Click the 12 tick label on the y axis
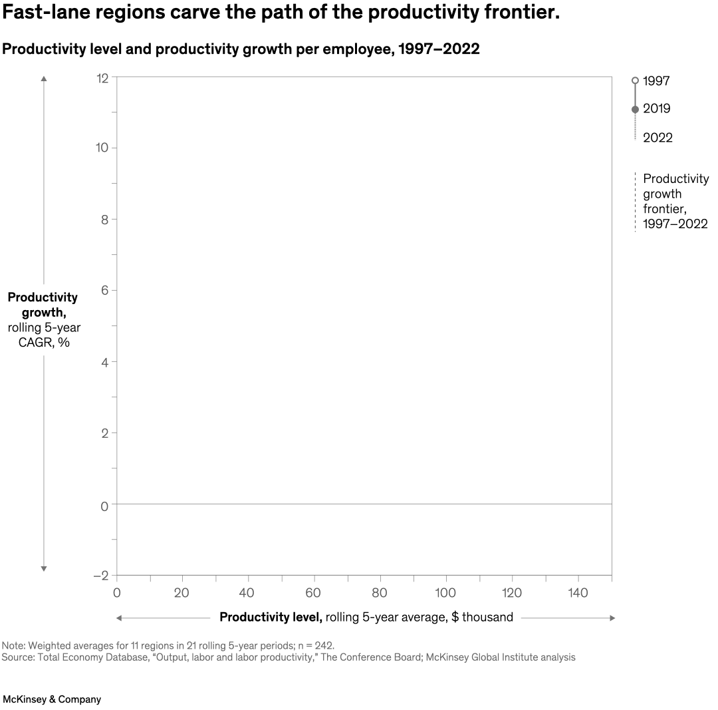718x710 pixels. (102, 78)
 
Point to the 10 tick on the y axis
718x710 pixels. (102, 147)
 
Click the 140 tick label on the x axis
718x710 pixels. (578, 593)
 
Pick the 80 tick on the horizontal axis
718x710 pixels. (380, 593)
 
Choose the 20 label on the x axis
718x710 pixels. (181, 593)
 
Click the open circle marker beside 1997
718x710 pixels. (635, 81)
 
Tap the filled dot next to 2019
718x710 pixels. (635, 109)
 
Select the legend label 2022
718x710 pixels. (658, 138)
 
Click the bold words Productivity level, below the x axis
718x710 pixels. (271, 617)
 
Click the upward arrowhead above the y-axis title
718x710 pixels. (44, 79)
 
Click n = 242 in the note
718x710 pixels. (312, 645)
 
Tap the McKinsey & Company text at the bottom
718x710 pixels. (52, 699)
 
